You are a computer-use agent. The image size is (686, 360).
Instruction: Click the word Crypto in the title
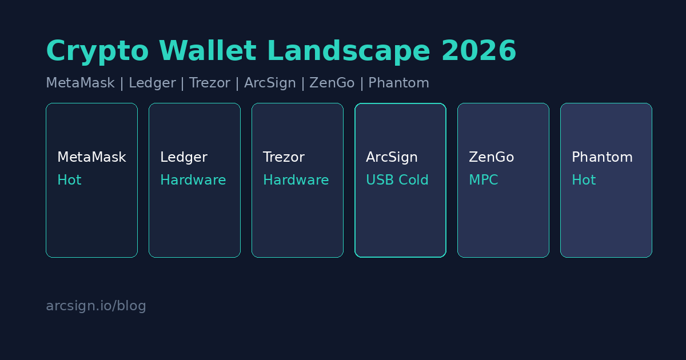pos(97,51)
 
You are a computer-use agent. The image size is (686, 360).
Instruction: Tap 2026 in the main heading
pos(479,51)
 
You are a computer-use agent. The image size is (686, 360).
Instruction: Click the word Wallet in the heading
pos(208,51)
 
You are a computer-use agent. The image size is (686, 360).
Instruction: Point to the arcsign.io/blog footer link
pos(96,306)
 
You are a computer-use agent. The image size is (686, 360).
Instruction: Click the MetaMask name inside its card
pos(91,157)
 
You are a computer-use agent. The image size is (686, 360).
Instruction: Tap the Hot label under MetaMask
pos(69,179)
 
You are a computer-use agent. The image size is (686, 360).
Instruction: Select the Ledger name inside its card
pos(184,157)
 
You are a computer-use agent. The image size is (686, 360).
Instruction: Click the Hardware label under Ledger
pos(193,179)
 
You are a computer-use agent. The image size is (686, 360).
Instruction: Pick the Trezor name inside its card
pos(284,157)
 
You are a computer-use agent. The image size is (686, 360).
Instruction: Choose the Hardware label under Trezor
pos(296,179)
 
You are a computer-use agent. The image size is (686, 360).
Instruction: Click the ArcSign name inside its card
pos(392,157)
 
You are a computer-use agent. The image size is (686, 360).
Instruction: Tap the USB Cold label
pos(397,179)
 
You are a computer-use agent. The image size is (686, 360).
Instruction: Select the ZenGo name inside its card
pos(491,157)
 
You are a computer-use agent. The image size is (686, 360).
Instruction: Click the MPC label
pos(484,179)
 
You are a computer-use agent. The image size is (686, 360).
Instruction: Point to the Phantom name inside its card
pos(602,157)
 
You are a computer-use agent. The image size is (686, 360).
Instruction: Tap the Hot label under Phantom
pos(584,179)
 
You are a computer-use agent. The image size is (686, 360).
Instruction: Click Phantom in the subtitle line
pos(398,83)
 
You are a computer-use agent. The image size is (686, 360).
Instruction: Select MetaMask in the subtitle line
pos(80,83)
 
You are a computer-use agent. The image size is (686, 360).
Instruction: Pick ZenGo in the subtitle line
pos(332,83)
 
